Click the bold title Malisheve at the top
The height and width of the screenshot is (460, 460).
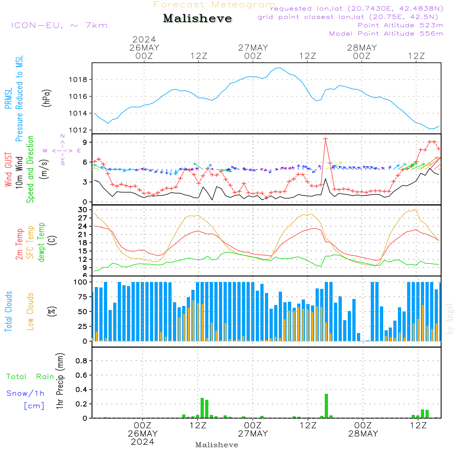tap(197, 19)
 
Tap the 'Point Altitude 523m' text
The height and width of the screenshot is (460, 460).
tap(400, 25)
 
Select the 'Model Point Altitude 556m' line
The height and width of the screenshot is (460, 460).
tap(386, 34)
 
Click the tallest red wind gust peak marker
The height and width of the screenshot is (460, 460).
tap(326, 138)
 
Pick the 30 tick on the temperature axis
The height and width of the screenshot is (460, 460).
tap(83, 210)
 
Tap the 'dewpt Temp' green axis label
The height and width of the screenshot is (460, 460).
tap(42, 242)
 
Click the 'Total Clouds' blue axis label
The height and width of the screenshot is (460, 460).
tap(9, 311)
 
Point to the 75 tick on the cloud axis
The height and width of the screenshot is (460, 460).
tap(83, 297)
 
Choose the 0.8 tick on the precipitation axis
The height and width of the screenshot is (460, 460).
tap(81, 361)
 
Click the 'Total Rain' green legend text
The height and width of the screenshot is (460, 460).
tap(30, 377)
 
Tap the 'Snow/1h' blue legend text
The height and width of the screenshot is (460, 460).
tap(25, 393)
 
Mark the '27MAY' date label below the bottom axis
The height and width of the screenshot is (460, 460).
tap(253, 434)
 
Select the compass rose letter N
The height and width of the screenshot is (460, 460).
tap(63, 137)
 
